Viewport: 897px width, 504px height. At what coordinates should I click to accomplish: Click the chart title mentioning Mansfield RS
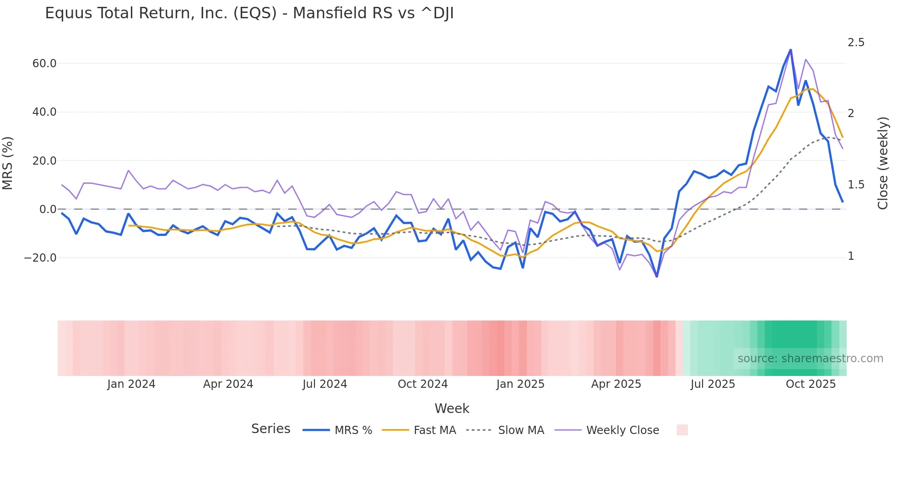coord(249,13)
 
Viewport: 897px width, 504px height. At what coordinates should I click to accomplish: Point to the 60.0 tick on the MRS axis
coord(44,64)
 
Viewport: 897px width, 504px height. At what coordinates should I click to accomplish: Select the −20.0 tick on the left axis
coord(40,258)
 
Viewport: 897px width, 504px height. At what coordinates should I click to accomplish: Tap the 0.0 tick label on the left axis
coord(48,209)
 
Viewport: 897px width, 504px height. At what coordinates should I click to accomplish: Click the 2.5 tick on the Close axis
coord(856,43)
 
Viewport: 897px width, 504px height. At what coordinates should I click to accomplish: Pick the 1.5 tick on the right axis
coord(856,185)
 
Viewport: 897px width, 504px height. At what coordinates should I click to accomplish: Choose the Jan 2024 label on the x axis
coord(131,384)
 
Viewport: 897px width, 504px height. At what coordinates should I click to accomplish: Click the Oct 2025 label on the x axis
coord(811,384)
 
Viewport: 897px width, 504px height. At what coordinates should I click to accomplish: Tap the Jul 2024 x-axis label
coord(325,384)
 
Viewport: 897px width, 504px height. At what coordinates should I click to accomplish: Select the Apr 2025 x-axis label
coord(616,384)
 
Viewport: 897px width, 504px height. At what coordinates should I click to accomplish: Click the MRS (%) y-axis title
coord(8,163)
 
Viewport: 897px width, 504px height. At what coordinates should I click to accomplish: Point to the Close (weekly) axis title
coord(883,163)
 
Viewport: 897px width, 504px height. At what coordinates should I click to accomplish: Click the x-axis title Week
coord(452,408)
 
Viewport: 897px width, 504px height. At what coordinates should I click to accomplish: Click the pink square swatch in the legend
coord(682,430)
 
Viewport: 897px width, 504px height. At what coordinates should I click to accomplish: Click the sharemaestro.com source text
coord(810,359)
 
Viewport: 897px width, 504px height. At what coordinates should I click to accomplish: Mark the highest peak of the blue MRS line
coord(790,50)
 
